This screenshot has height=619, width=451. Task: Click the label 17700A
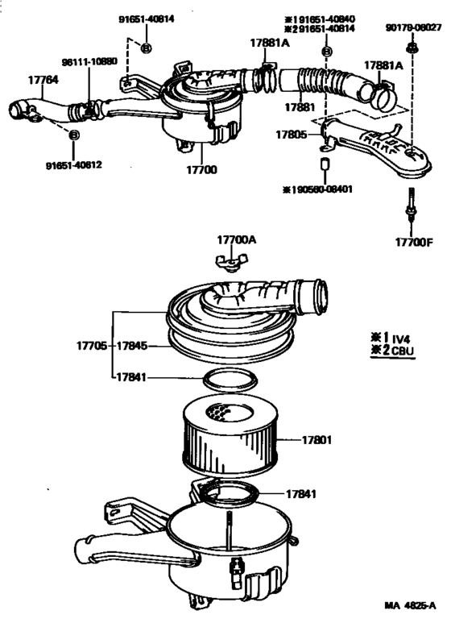coord(236,239)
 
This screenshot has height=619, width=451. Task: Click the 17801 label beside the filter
coord(317,440)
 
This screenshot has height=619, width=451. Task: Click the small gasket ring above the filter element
coord(231,378)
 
